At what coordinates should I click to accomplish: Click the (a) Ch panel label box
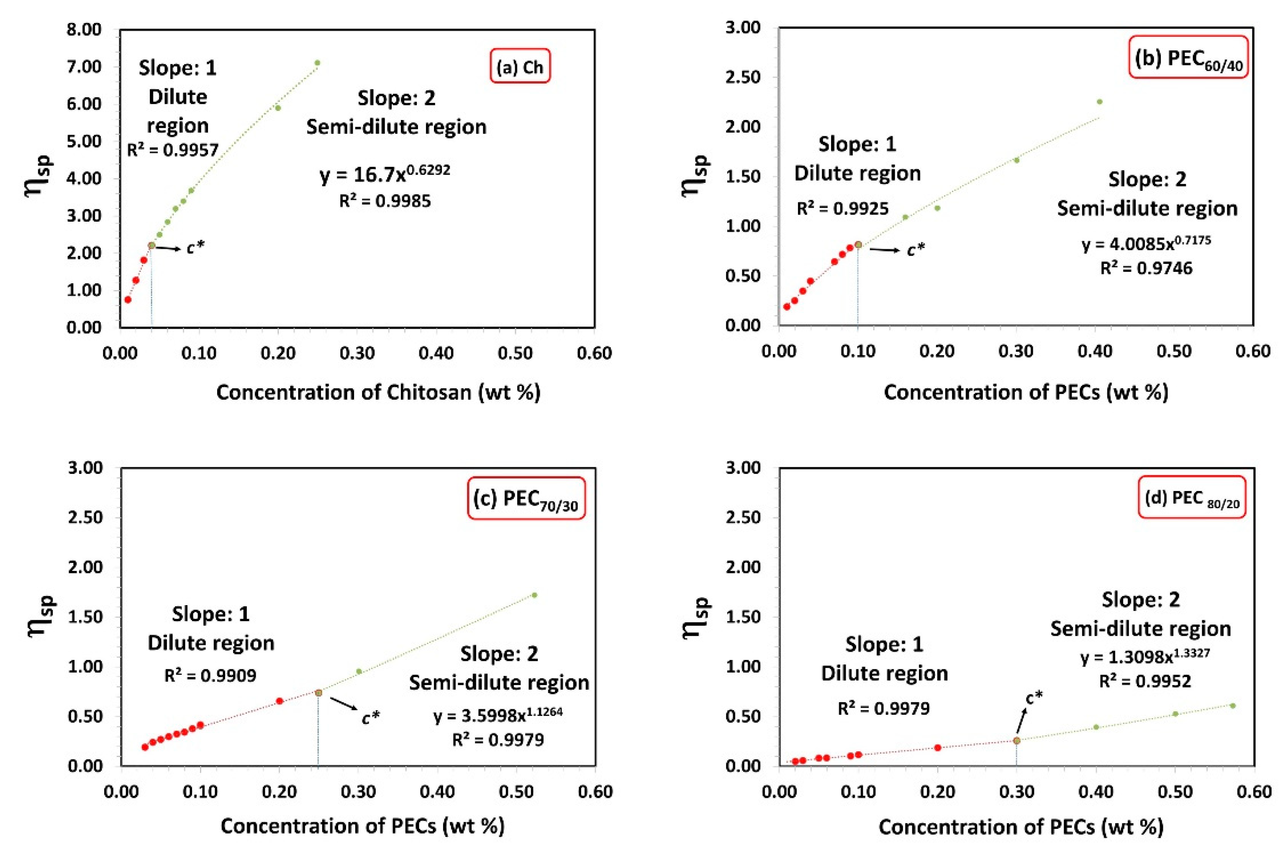520,67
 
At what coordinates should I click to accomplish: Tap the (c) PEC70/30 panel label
526,499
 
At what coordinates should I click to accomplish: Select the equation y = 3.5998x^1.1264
498,715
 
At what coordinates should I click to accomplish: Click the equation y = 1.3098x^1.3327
1145,656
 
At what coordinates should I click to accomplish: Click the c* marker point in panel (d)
1016,740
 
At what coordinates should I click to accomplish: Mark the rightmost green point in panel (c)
534,595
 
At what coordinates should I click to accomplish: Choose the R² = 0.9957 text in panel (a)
173,150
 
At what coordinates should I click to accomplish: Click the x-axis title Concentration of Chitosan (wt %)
378,392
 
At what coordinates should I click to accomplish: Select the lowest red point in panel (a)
128,299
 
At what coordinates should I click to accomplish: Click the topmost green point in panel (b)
1099,102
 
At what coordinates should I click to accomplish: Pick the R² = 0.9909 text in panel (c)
210,675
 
